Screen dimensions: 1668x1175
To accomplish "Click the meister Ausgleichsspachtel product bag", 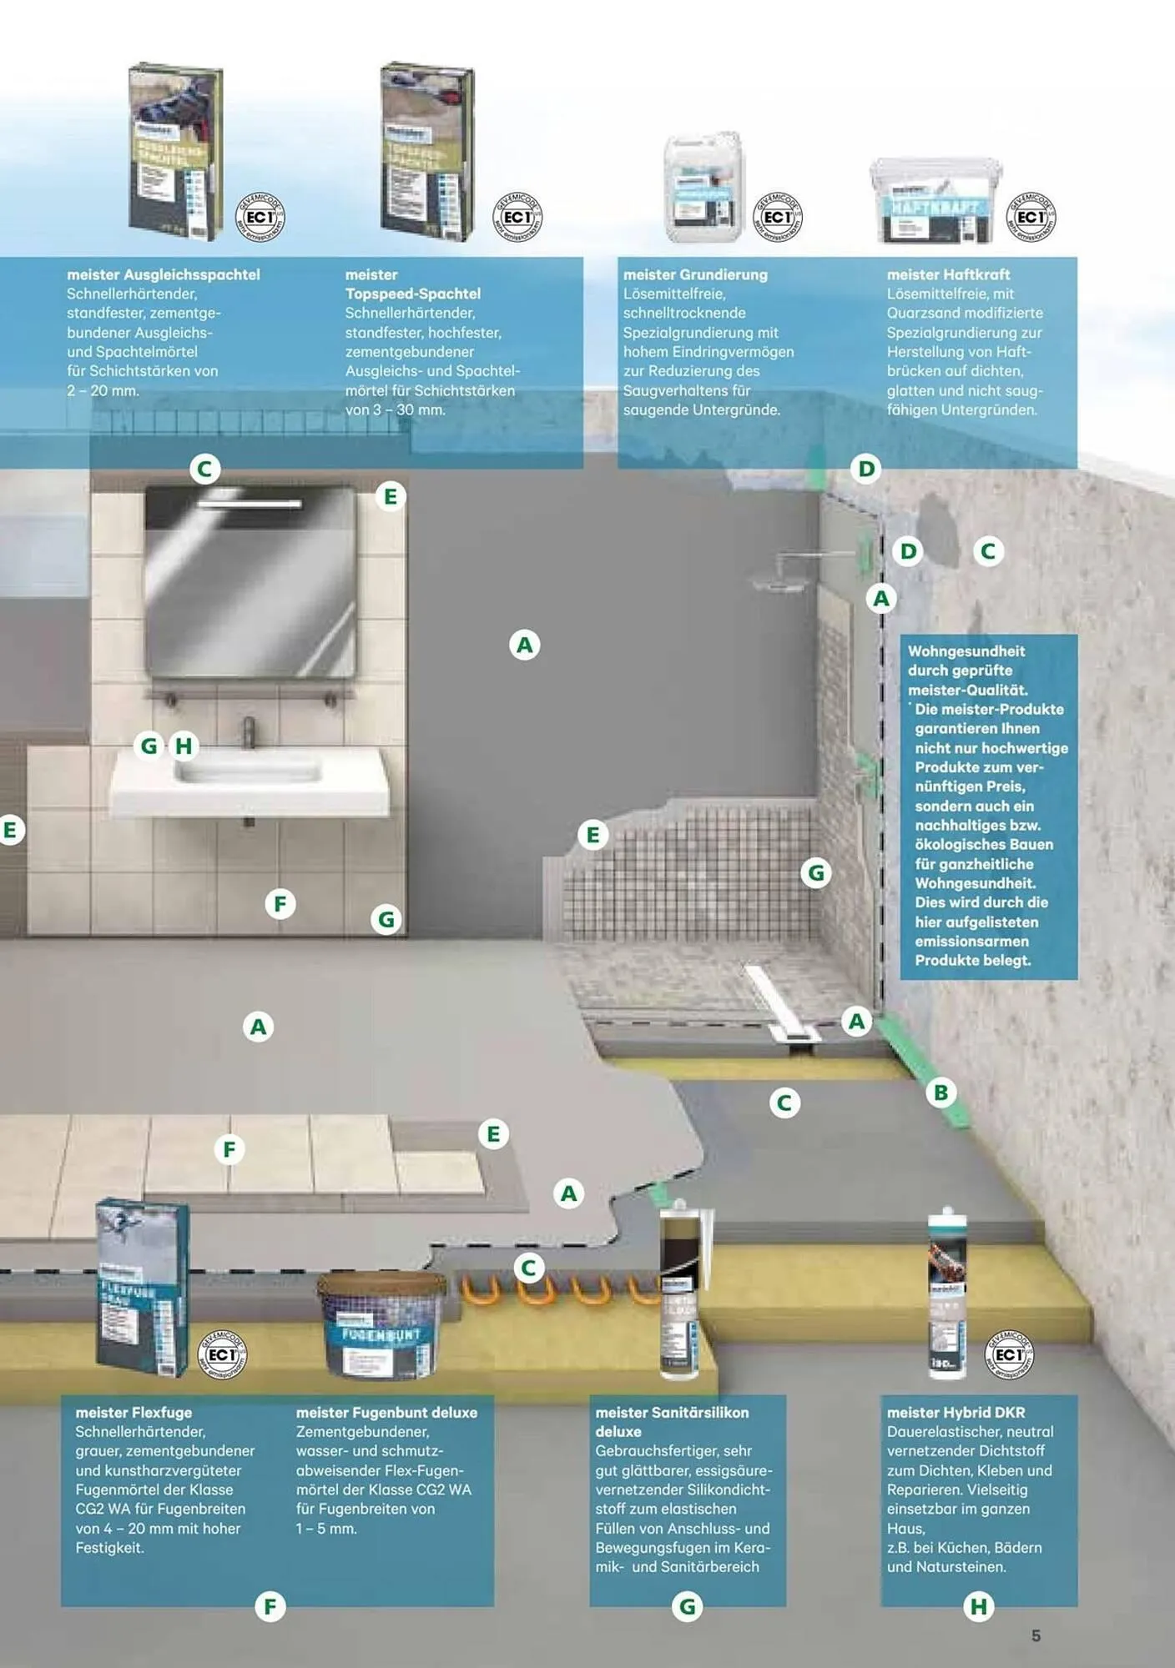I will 175,152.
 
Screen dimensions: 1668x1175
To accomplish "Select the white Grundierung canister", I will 703,188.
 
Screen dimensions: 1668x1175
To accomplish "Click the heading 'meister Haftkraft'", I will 948,274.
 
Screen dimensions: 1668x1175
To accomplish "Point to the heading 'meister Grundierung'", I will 695,274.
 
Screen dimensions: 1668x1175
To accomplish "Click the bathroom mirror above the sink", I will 250,582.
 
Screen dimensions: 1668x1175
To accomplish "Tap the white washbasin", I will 250,779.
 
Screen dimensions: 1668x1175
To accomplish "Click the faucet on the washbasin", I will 249,731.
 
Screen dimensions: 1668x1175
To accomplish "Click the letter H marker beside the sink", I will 184,746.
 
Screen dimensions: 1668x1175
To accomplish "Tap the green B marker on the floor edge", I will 941,1093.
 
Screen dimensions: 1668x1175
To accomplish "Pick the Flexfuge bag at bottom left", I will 142,1289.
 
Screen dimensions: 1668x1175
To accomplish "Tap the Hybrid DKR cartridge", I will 948,1293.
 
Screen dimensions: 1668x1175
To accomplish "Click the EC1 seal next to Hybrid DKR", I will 1010,1354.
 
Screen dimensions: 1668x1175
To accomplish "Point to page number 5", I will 1036,1635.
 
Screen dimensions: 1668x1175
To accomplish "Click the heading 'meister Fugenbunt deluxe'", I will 386,1413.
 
